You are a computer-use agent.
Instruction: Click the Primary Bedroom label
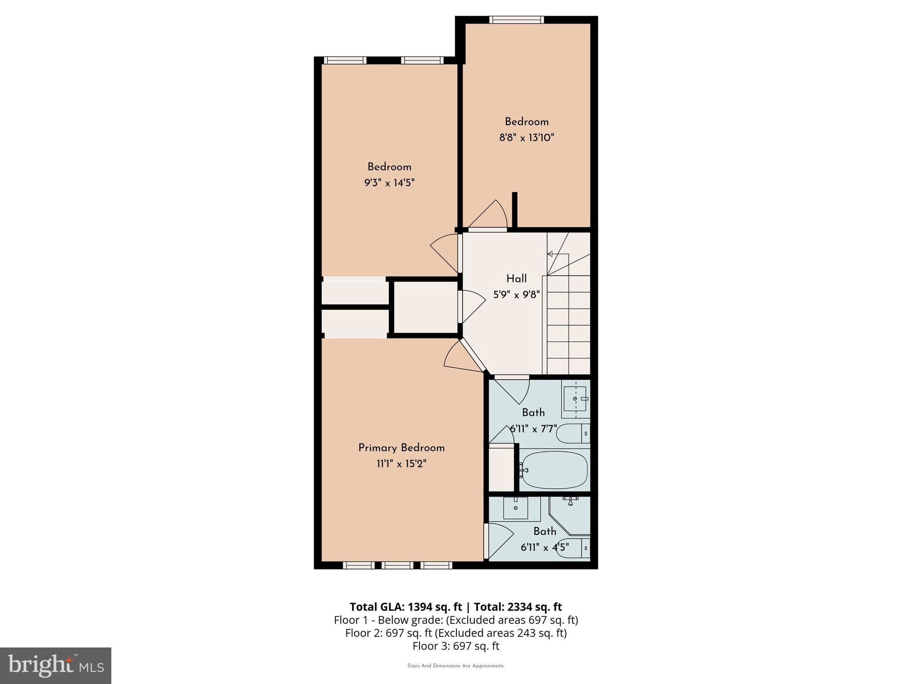click(x=401, y=448)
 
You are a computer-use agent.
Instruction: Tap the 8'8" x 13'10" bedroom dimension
click(x=526, y=137)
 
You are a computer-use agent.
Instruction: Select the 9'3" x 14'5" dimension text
click(x=389, y=183)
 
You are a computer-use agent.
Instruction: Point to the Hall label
click(x=517, y=279)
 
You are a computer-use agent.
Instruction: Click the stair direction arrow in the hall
click(x=550, y=254)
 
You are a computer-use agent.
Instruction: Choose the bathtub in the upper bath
click(x=554, y=470)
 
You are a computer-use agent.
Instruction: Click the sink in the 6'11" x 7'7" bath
click(x=575, y=399)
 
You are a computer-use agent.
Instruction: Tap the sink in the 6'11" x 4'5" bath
click(x=516, y=508)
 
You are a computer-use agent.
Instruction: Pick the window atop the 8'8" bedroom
click(x=517, y=20)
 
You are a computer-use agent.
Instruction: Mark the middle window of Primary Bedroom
click(x=397, y=565)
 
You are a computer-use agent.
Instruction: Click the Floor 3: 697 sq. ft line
click(x=456, y=646)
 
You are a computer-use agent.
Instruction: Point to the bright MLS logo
click(x=56, y=665)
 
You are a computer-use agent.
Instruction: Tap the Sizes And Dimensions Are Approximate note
click(x=456, y=666)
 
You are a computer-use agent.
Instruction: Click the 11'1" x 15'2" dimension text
click(x=401, y=464)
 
